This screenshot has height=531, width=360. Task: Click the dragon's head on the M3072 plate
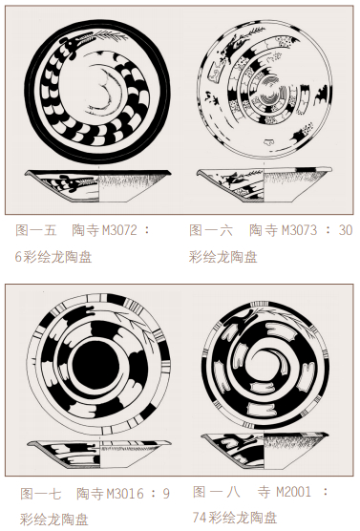[x=72, y=44]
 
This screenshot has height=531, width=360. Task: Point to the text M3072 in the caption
[x=119, y=230]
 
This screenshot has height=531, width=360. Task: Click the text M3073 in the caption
[x=299, y=230]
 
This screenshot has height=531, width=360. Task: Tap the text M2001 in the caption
[x=293, y=492]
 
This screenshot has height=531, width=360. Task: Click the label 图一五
[x=35, y=230]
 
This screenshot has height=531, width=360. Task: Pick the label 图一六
[x=211, y=230]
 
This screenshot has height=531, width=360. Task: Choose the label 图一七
[x=41, y=494]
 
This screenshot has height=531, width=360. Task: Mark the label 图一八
[x=216, y=492]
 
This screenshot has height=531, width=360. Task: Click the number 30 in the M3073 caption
[x=346, y=230]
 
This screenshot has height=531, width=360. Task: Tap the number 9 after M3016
[x=166, y=494]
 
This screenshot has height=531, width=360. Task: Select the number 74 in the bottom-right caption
[x=201, y=518]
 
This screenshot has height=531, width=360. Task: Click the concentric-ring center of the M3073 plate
[x=270, y=91]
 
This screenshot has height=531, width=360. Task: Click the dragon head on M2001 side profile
[x=244, y=438]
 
